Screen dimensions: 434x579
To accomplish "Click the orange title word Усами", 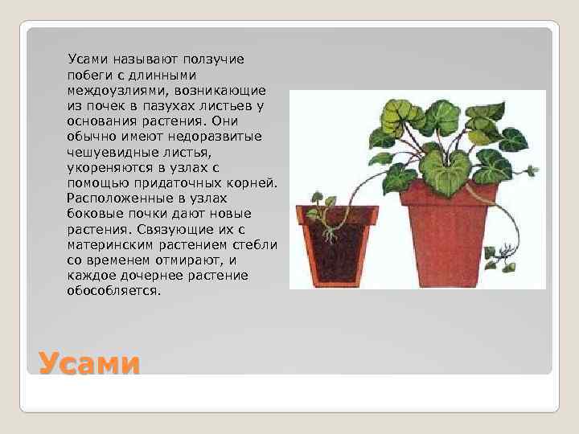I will [x=89, y=362].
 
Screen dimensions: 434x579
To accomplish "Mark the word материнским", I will [x=106, y=245].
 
